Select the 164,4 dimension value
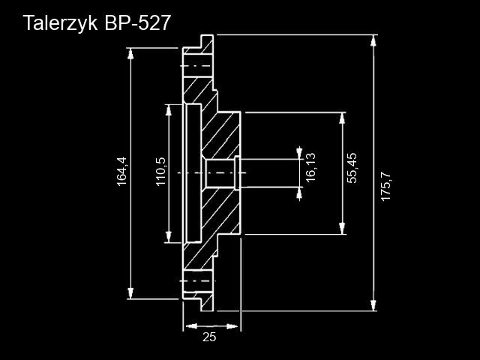(x=122, y=172)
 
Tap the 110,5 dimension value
(x=160, y=172)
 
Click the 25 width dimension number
(x=209, y=337)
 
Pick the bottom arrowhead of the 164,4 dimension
(x=132, y=293)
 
